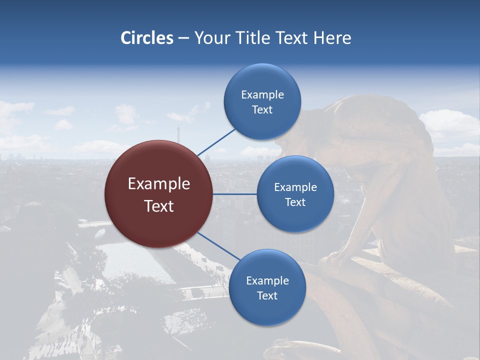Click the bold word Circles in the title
tap(146, 38)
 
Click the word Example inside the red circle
tap(159, 184)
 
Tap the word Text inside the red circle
tap(159, 206)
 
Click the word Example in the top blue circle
tap(262, 95)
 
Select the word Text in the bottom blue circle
tap(267, 296)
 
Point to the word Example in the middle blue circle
tap(295, 187)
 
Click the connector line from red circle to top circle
tap(216, 142)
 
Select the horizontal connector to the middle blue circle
tap(234, 194)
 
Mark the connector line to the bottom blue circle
tap(218, 246)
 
